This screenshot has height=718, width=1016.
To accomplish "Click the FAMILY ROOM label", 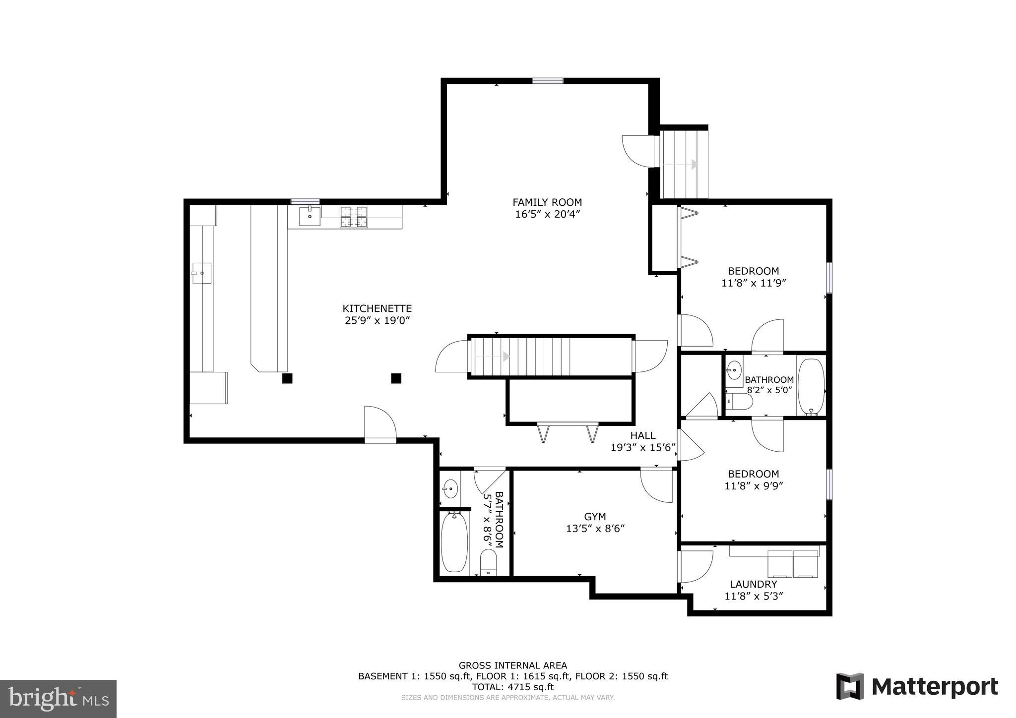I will (547, 202).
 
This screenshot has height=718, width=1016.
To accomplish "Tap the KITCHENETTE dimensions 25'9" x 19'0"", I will (378, 321).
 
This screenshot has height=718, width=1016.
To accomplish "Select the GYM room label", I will (595, 517).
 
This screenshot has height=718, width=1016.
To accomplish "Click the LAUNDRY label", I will (753, 584).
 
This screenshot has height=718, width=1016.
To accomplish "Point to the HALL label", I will (643, 435).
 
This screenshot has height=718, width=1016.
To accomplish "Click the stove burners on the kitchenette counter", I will (354, 217).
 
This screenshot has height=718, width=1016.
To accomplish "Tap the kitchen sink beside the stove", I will (310, 216).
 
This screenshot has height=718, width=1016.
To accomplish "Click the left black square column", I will (287, 378).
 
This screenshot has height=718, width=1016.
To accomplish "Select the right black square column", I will (396, 378).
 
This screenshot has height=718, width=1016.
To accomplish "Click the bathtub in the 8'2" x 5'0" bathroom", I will (811, 386).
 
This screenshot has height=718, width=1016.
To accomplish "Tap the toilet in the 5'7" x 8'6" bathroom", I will (489, 564).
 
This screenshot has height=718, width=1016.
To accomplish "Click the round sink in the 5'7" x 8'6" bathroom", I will (450, 488).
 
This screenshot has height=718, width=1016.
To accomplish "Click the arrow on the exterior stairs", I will (694, 164).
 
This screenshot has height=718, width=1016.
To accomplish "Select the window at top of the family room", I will (548, 81).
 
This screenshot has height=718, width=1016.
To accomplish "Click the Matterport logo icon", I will (850, 686).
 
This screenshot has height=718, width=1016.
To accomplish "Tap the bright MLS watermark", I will (58, 699).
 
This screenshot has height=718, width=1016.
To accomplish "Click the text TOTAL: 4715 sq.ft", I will (512, 687).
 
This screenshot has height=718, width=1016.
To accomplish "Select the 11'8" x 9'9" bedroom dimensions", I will (754, 486).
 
